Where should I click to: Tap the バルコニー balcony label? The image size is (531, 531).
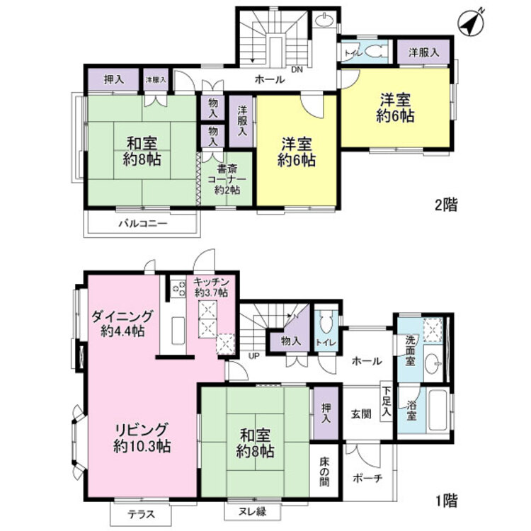142,223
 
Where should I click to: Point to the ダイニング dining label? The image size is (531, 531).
122,324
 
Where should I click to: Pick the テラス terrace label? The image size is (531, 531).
142,515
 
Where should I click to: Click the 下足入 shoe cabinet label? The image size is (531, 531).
386,401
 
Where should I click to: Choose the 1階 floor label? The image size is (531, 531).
446,502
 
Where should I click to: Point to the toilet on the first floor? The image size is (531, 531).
326,326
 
